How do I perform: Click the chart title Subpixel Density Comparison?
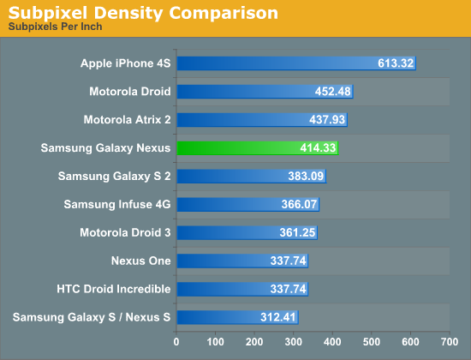(142, 13)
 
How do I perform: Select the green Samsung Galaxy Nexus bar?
(257, 147)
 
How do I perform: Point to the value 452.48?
(330, 92)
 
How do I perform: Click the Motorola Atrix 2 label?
(128, 119)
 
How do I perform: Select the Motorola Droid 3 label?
(125, 232)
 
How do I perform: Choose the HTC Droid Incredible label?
(114, 289)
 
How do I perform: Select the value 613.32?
(395, 63)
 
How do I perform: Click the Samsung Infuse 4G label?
(117, 204)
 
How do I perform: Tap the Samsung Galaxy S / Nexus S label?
(92, 317)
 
